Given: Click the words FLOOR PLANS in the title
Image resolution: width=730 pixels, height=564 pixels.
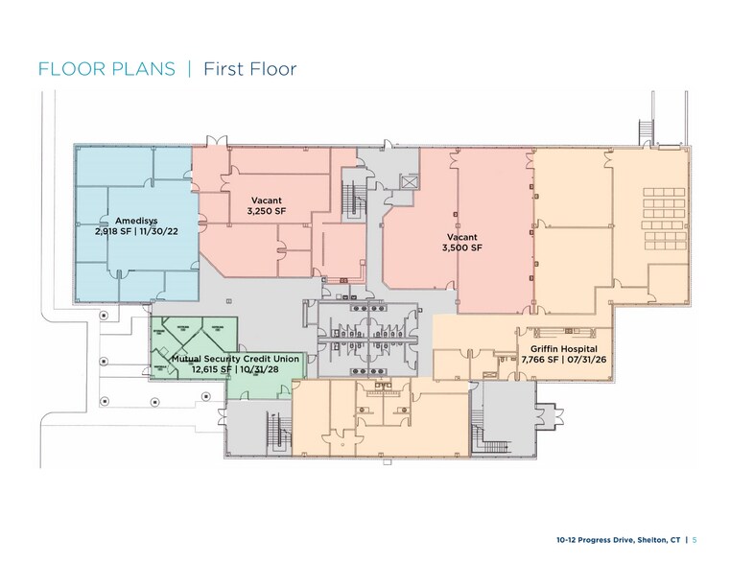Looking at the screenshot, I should (x=106, y=69).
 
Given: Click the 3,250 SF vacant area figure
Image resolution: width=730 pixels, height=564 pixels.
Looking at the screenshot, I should (x=267, y=210).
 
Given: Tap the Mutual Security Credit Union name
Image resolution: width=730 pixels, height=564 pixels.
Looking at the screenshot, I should (x=235, y=358).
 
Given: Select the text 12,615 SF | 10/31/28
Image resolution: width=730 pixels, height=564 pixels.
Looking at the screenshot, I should (x=235, y=368).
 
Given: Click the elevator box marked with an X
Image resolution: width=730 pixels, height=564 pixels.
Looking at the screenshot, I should (x=410, y=182).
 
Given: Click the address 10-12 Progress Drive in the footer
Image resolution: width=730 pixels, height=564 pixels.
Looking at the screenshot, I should (x=594, y=540).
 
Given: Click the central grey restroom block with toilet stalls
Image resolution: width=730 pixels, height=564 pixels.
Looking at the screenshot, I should (x=362, y=339).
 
